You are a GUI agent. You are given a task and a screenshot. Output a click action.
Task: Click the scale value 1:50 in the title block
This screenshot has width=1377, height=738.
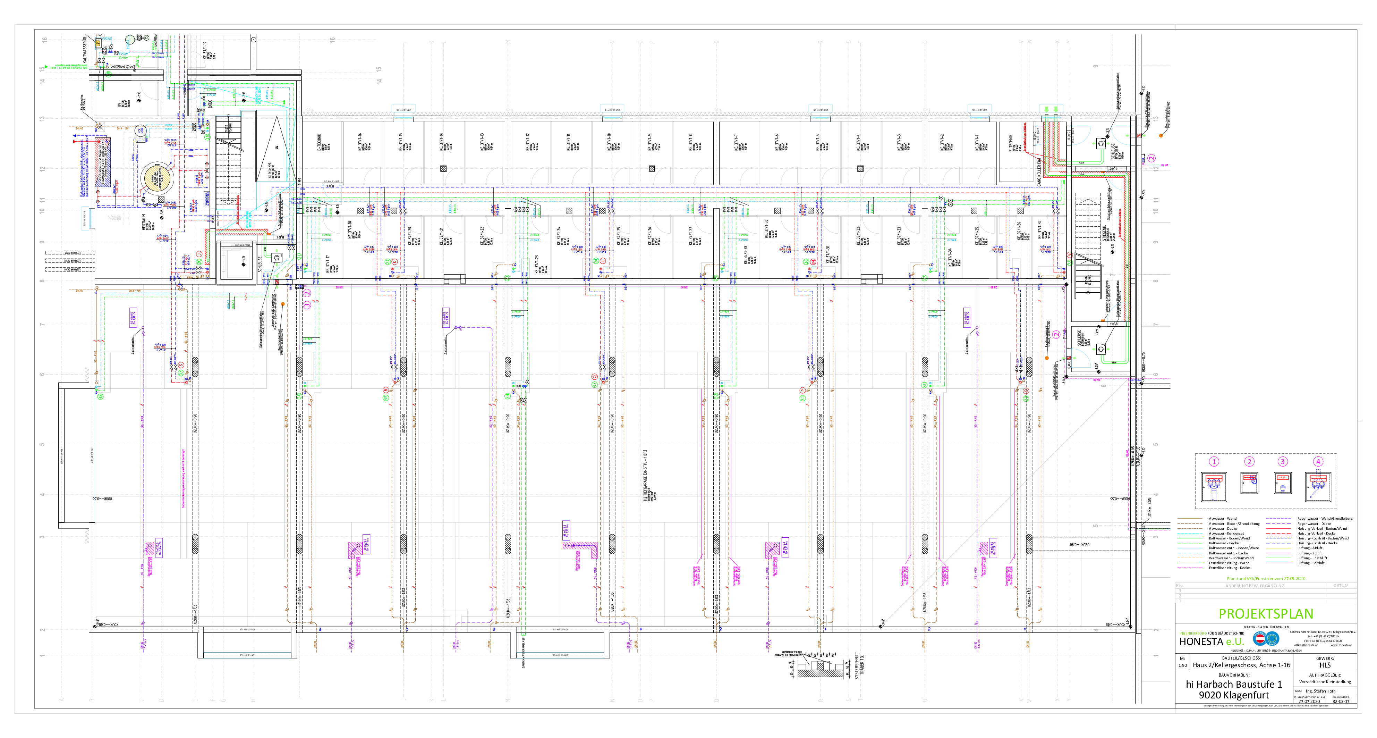1182,665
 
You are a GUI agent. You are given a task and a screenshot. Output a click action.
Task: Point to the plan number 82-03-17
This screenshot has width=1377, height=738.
1340,702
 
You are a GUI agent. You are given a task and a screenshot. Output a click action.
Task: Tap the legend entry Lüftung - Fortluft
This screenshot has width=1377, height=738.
1311,563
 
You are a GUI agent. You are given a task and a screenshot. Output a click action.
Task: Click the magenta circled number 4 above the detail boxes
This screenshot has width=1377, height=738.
1318,462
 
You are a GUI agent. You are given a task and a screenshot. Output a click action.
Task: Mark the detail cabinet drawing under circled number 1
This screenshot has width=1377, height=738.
1214,487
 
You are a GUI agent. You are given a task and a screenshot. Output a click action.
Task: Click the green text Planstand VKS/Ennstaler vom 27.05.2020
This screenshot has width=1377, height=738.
1265,578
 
